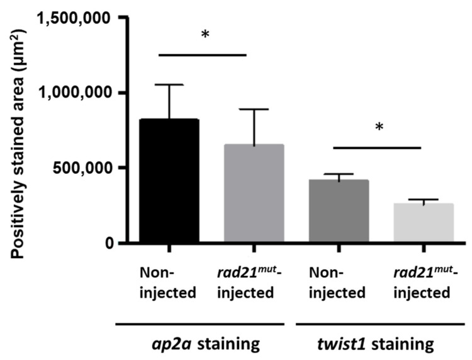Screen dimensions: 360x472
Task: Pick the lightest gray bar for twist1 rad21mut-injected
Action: tap(423, 223)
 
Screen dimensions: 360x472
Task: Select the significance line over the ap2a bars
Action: tap(202, 55)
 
